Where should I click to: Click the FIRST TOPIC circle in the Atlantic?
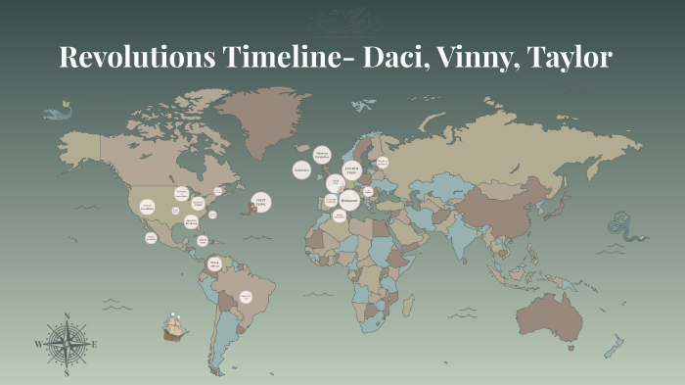pos(260,203)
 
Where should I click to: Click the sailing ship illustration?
pos(175,325)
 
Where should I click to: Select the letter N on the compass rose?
pos(67,316)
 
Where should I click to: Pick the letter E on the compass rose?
pos(94,344)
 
